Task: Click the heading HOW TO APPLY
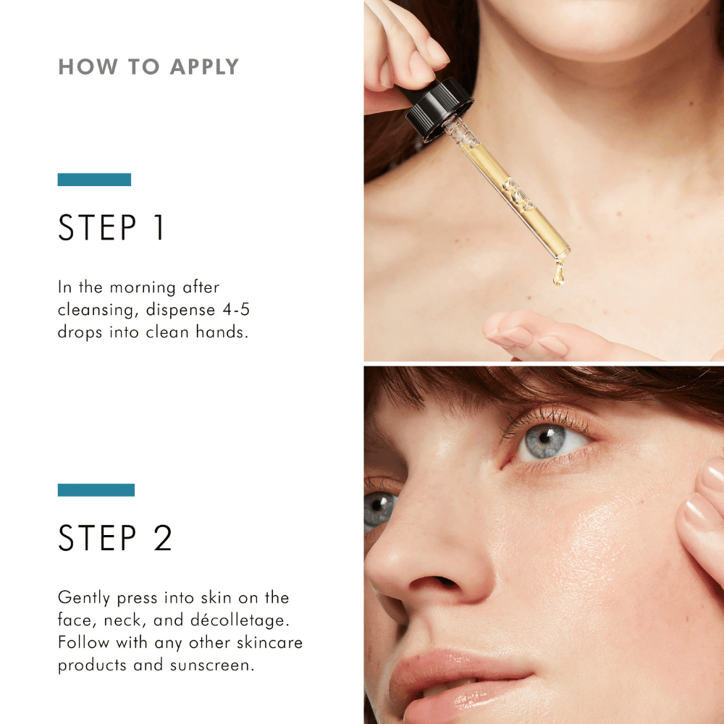click(x=148, y=67)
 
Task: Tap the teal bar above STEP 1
click(x=94, y=180)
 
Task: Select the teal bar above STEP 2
click(x=96, y=490)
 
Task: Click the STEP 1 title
click(x=111, y=227)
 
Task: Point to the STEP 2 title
click(x=115, y=538)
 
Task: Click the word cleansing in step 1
click(x=97, y=310)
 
